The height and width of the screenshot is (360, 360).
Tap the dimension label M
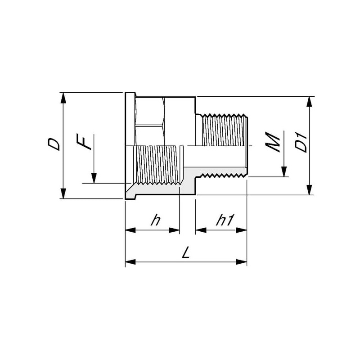[x=273, y=142]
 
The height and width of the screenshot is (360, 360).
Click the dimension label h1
[x=225, y=220]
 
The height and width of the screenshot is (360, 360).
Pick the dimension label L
[x=186, y=252]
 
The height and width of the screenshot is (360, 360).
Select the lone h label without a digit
[x=156, y=220]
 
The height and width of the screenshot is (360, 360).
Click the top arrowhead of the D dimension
[x=63, y=98]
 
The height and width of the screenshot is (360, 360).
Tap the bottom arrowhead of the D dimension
[x=63, y=193]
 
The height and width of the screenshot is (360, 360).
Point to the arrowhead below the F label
[x=94, y=178]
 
